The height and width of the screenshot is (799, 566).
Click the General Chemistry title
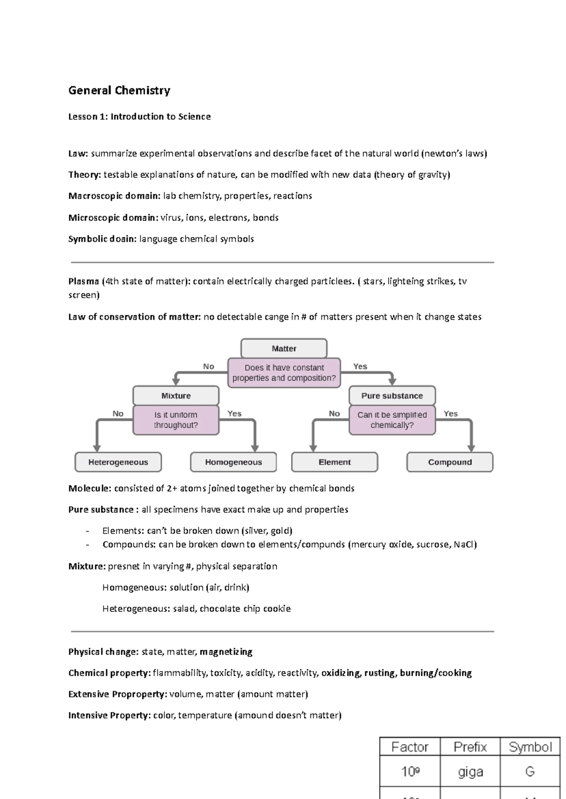coord(119,90)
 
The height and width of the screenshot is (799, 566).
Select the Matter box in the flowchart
coord(283,349)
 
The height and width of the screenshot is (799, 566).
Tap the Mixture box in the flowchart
coord(176,396)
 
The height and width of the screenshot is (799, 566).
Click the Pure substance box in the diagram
coord(392,396)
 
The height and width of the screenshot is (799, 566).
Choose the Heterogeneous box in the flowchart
coord(118,462)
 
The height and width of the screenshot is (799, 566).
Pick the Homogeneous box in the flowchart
coord(233,462)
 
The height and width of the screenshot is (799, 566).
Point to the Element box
coord(334,462)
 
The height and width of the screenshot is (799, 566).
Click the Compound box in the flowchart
coord(449,462)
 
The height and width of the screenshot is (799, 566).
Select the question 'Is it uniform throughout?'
coord(176,420)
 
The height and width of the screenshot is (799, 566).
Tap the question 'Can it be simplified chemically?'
coord(392,420)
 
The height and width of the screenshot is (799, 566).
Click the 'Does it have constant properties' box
coord(284,373)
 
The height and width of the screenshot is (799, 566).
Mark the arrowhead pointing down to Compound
coord(471,448)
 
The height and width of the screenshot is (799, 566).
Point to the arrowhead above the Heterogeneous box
coord(97,448)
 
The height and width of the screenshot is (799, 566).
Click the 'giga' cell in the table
coord(470,772)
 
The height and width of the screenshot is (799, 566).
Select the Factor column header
coord(409,747)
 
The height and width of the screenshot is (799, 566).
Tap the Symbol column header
coord(530,747)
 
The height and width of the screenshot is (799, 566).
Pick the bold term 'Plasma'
coord(83,282)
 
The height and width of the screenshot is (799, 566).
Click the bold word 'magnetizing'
coord(226,652)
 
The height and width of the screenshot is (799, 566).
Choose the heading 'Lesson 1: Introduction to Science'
coord(139,117)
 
